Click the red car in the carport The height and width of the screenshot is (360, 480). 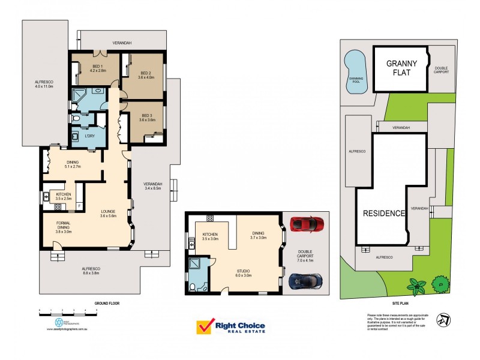coord(307,224)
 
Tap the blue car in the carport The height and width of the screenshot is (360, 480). coord(305,281)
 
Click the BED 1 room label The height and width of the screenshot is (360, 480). coord(97,68)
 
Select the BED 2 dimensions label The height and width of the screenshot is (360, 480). coord(146,77)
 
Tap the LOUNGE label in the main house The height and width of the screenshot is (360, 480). coord(109,213)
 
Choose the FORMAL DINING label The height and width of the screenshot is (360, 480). coord(63,225)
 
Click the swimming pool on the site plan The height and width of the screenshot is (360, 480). coord(355,71)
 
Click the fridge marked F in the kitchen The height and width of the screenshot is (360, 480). coord(79,206)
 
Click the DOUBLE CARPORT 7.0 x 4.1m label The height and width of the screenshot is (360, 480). coord(305,252)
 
